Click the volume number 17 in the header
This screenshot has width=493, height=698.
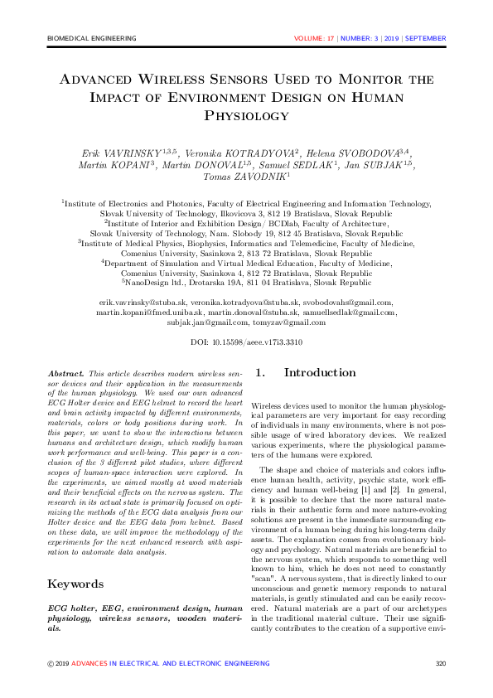(331, 38)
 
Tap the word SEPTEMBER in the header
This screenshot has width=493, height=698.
(426, 38)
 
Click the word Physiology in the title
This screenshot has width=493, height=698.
(246, 116)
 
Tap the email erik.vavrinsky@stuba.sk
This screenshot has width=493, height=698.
(143, 303)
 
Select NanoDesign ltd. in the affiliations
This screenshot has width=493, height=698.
(157, 283)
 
